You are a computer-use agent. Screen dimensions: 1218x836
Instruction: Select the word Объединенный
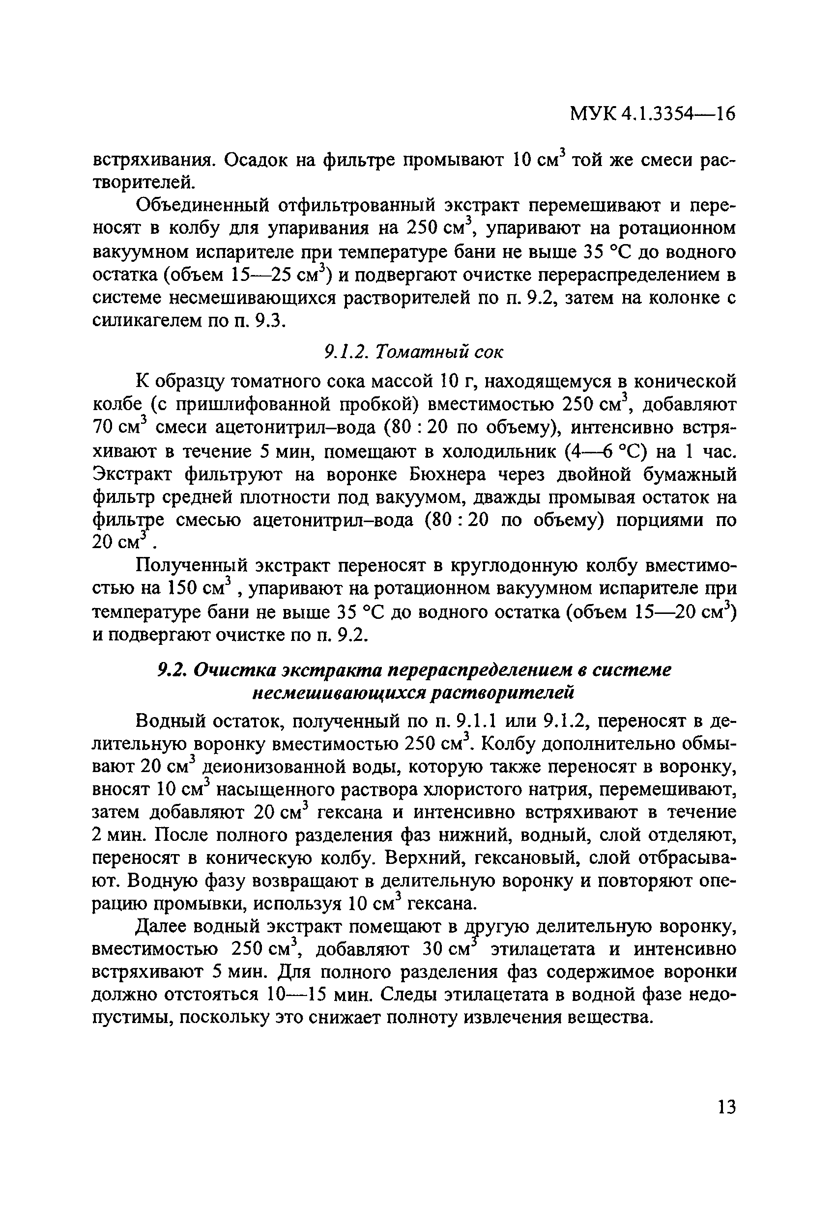click(x=202, y=205)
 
